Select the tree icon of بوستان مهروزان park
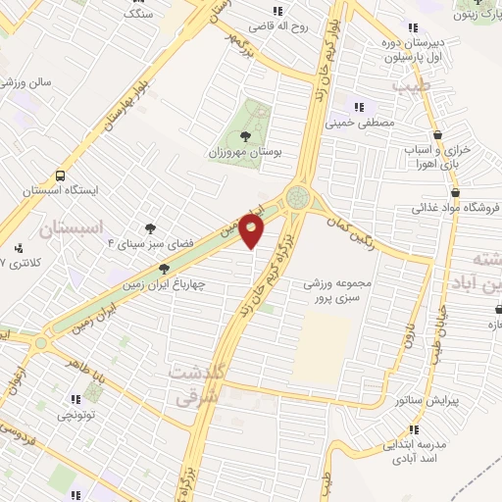pyautogui.click(x=243, y=137)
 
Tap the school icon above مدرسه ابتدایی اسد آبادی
pyautogui.click(x=412, y=430)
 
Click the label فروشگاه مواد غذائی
pyautogui.click(x=455, y=208)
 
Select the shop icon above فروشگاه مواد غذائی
pyautogui.click(x=455, y=192)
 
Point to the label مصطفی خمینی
pyautogui.click(x=364, y=124)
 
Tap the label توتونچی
pyautogui.click(x=76, y=415)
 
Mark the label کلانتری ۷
pyautogui.click(x=17, y=264)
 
